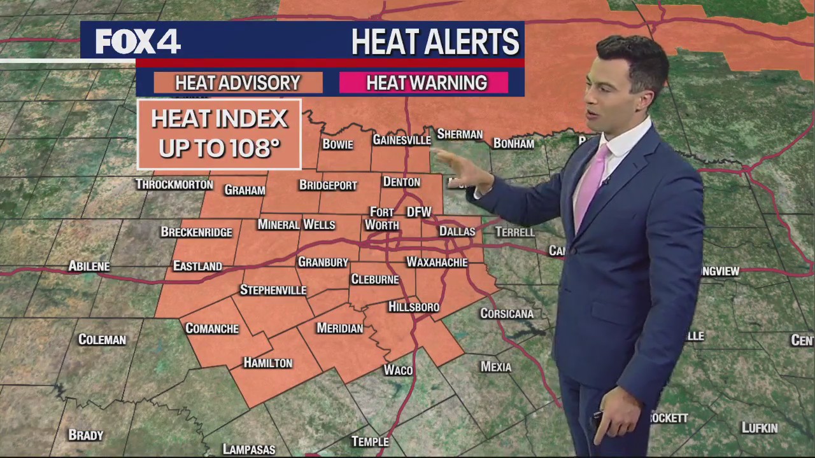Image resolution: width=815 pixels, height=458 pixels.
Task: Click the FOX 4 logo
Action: click(x=138, y=42)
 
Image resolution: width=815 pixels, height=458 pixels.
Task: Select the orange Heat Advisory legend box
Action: click(x=237, y=83)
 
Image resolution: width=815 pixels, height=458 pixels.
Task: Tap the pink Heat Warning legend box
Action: click(x=426, y=83)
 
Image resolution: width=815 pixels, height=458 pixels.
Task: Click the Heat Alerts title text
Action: click(x=435, y=42)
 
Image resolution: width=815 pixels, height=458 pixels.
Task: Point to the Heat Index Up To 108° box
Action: click(x=219, y=134)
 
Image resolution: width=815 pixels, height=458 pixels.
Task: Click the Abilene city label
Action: click(x=89, y=266)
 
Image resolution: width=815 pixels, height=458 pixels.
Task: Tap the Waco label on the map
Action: click(x=398, y=370)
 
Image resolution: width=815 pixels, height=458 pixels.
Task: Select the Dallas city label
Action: click(x=457, y=232)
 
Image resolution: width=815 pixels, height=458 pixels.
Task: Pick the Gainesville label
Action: click(x=401, y=140)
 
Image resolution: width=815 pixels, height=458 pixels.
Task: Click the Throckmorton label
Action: click(x=174, y=184)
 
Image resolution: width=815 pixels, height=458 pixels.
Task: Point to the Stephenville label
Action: click(x=273, y=290)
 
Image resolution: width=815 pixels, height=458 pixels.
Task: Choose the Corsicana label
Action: click(x=507, y=314)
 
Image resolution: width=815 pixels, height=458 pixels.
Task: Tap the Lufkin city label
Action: click(x=760, y=428)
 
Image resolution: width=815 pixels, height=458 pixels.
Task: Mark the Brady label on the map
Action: click(x=86, y=435)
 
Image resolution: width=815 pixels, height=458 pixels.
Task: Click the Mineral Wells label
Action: click(x=296, y=225)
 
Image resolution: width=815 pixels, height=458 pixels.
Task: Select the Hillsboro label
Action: click(x=414, y=307)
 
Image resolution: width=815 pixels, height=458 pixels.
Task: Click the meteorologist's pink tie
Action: click(x=591, y=181)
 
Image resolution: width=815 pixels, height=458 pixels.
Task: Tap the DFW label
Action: click(x=419, y=212)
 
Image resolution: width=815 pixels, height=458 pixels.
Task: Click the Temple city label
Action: click(x=370, y=441)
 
